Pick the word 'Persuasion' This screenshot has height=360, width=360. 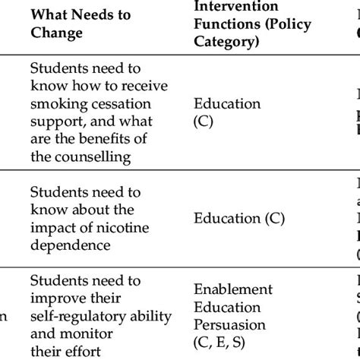tap(230, 324)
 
